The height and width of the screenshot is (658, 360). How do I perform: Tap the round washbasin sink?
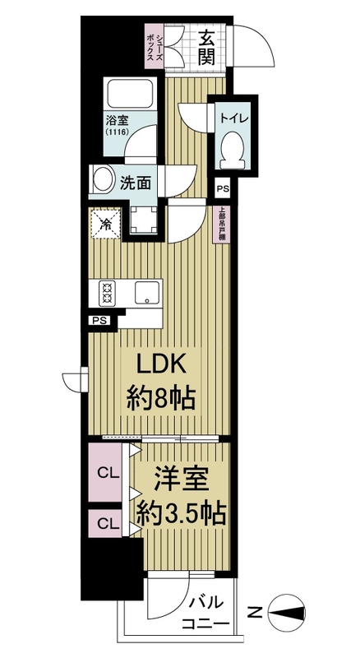click(103, 179)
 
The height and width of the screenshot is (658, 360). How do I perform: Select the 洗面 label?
click(136, 183)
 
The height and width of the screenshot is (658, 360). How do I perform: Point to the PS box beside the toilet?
click(223, 189)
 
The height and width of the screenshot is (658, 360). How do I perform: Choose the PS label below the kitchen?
click(100, 321)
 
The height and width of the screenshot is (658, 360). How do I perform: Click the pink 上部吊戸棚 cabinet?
click(222, 225)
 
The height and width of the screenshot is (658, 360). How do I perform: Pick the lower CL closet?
click(105, 523)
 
